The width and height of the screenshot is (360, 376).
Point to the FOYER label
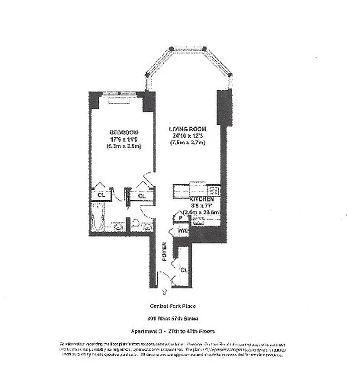click(164, 252)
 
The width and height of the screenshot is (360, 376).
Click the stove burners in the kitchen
click(214, 190)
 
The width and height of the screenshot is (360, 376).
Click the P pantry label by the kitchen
click(180, 218)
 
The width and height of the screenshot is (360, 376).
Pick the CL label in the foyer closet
click(184, 270)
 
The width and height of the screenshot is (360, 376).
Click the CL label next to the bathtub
click(100, 194)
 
